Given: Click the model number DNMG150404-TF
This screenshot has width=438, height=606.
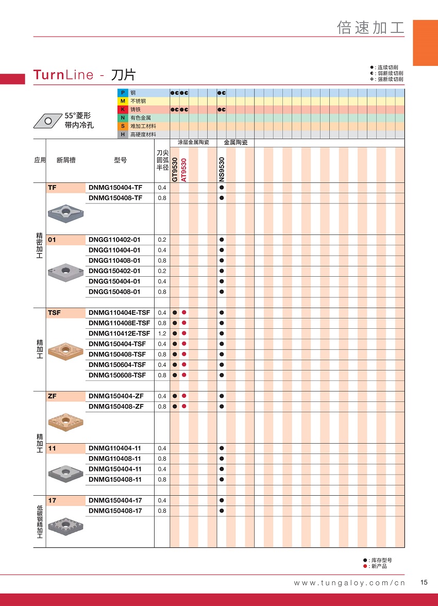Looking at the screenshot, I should pos(115,188).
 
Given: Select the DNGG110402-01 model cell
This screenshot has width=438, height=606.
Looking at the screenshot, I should pos(114,240).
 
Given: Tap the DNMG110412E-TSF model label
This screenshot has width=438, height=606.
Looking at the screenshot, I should pos(120,333).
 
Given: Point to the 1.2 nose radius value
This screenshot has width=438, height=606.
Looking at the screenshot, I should pos(162,333).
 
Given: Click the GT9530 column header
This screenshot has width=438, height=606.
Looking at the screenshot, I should pos(175,170).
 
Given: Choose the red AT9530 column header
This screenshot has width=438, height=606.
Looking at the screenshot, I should pos(184,170).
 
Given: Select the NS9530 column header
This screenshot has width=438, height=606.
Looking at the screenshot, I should pos(222,170).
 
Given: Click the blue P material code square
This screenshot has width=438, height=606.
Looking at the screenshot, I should pos(123,93).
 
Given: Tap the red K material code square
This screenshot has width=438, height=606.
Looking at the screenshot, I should pos(123,109).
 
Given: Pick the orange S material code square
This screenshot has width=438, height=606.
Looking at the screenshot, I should pos(123,126).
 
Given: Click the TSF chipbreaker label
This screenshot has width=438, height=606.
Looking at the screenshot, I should pos(54,313).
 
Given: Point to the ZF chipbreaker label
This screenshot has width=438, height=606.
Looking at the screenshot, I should pos(52,396).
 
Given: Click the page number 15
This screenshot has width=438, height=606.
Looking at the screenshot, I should pos(424,582).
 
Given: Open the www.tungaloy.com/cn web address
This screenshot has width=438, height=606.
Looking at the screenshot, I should pos(349,583).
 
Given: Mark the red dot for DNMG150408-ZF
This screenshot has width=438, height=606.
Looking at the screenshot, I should pos(184,407).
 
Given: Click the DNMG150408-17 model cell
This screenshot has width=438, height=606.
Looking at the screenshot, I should pos(115,511).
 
